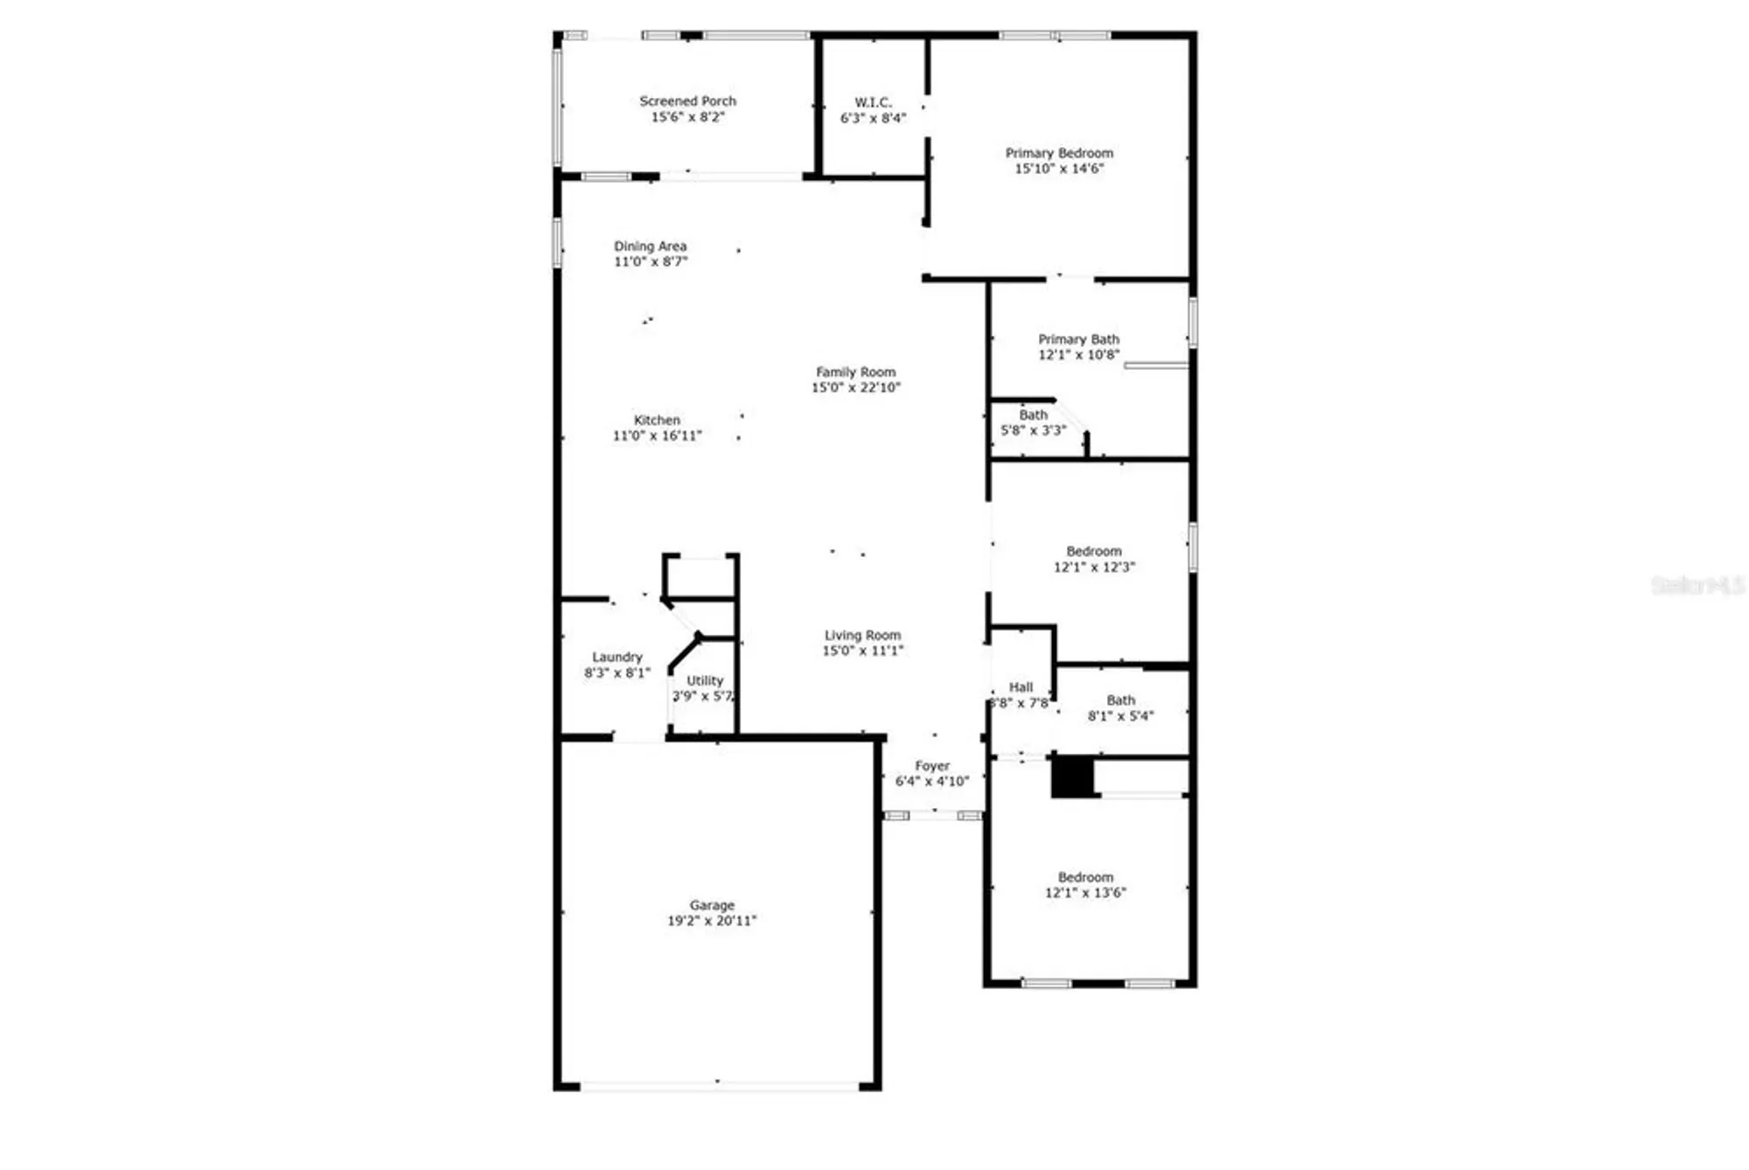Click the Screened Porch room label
click(687, 101)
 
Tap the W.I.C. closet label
click(873, 103)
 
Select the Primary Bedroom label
click(1059, 153)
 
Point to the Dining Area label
click(650, 247)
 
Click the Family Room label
click(855, 373)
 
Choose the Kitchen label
click(657, 421)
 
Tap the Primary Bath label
click(1078, 339)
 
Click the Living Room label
click(862, 636)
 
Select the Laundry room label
click(617, 658)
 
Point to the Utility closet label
click(705, 681)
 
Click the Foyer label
click(932, 766)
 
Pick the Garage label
click(712, 906)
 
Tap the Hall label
click(1021, 688)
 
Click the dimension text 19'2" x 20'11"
click(712, 921)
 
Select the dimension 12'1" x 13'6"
click(1085, 893)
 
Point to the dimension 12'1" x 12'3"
click(1094, 568)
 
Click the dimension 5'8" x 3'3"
click(1033, 431)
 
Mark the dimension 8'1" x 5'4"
click(1120, 716)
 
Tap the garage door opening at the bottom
click(720, 1087)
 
